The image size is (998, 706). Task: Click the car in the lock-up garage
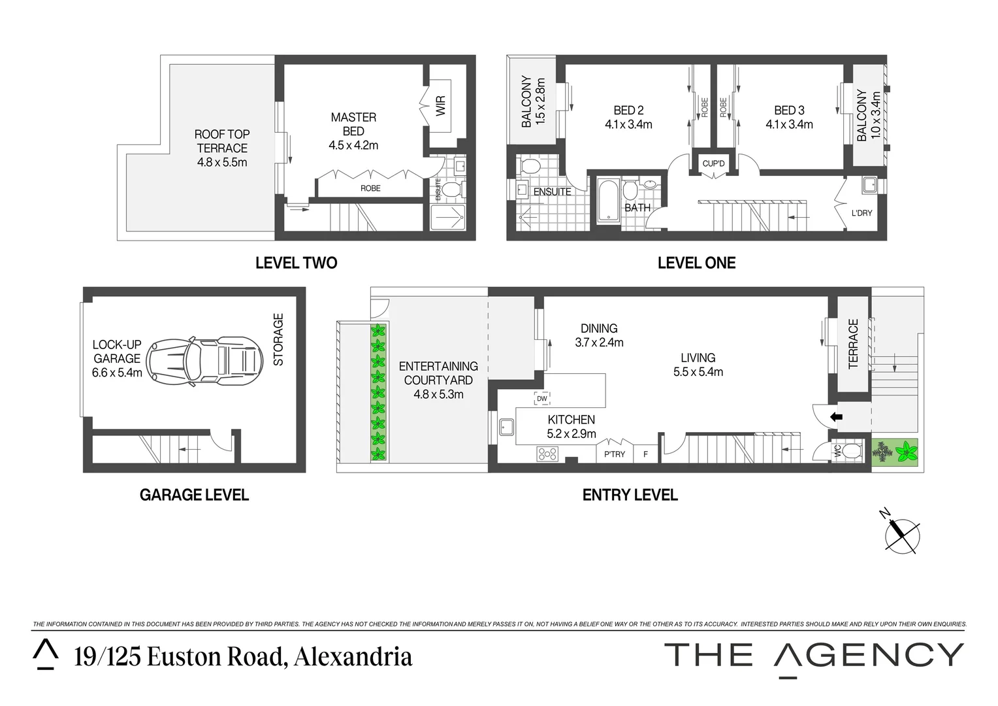coord(202,361)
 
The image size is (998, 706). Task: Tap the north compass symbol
coord(902,533)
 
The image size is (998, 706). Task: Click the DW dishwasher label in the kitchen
coord(541,398)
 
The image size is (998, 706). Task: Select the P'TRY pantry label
coord(614,454)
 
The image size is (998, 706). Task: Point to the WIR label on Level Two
coord(440,107)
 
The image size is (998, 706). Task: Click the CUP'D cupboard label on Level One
coord(713,163)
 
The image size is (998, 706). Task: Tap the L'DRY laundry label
coord(861,213)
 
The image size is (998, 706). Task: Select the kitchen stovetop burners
coord(547,453)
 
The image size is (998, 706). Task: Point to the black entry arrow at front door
coord(835,416)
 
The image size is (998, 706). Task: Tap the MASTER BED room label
coord(353,124)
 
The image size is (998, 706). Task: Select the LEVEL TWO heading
coord(296,263)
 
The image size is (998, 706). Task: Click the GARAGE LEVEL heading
coord(194,495)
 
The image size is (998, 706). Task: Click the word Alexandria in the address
coord(353,656)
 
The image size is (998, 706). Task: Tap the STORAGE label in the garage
coord(279,340)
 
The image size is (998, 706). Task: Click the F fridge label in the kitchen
coord(645,454)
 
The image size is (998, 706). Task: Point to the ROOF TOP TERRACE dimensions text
coord(222,162)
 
